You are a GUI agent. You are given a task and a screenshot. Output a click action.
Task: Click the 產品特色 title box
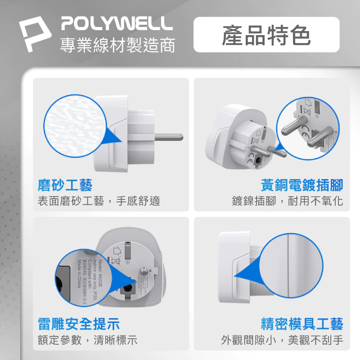(x=266, y=35)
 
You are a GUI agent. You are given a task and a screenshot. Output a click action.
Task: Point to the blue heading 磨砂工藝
(x=65, y=185)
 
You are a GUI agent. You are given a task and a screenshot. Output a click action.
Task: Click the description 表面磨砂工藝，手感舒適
(x=99, y=201)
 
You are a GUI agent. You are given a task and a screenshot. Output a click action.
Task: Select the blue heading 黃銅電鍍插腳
(x=302, y=185)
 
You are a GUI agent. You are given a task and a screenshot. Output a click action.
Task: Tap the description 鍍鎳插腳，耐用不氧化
(x=288, y=201)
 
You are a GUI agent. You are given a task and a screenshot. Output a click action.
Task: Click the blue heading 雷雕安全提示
(x=78, y=324)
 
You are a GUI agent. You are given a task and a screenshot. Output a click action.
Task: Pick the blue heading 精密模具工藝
(x=302, y=324)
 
